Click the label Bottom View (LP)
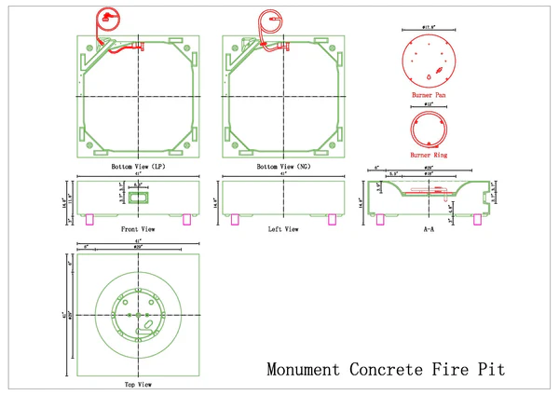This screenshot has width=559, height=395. click(x=138, y=166)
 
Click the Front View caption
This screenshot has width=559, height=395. click(x=137, y=228)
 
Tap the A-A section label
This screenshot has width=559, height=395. click(x=429, y=228)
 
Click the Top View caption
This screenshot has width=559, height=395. click(x=137, y=383)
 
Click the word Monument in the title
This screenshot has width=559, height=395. click(x=303, y=369)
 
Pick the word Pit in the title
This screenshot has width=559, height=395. click(x=493, y=369)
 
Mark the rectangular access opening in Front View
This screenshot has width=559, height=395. click(x=138, y=197)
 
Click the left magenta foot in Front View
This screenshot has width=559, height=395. click(x=90, y=220)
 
